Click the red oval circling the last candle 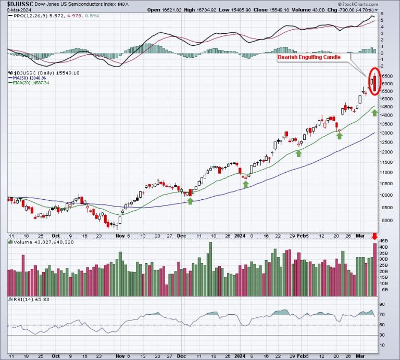pos(374,81)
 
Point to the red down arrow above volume pos(374,237)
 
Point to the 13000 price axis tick pos(386,133)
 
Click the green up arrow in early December pos(190,201)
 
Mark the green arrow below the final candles pos(374,112)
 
